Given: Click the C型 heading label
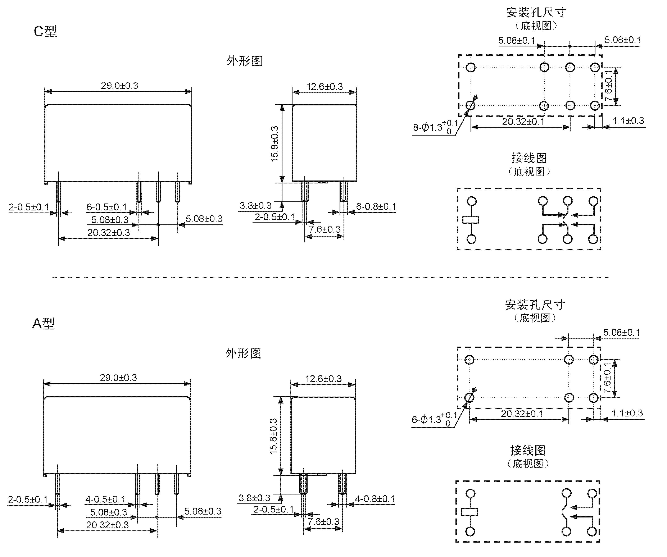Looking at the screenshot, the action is tap(45, 31).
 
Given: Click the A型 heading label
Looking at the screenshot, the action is tap(44, 323).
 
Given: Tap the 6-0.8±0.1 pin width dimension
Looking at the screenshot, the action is tap(376, 207).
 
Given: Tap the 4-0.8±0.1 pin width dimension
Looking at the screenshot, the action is tap(375, 499).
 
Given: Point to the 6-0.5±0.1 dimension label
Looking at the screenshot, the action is tap(106, 207).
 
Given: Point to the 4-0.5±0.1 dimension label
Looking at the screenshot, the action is tap(105, 499).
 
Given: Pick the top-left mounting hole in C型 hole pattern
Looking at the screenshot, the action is tap(471, 67).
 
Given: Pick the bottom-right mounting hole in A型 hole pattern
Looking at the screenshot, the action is tap(593, 398).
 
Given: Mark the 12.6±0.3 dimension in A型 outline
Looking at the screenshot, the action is tap(323, 379).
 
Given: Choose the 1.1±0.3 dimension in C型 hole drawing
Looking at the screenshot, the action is tap(628, 121).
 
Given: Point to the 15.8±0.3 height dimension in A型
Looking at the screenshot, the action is tap(273, 436).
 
